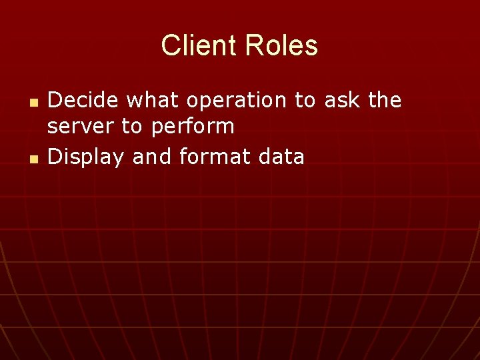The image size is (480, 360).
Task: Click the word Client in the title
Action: [x=199, y=46]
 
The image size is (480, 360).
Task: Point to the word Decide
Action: [x=84, y=100]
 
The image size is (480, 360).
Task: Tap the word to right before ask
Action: [x=305, y=100]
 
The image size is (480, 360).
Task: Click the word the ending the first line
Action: [x=385, y=100]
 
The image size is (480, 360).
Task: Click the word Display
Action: [x=87, y=157]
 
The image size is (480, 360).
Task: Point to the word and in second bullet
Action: [x=152, y=157]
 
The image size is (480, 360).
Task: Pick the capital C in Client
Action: [x=171, y=46]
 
